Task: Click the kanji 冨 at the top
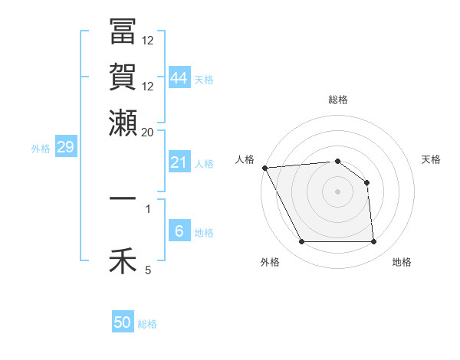(123, 32)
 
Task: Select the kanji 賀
(123, 77)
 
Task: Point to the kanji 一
(123, 198)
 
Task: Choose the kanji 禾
(123, 261)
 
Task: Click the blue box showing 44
(179, 77)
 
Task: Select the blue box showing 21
(179, 162)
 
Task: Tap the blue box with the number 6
(179, 232)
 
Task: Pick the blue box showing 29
(65, 148)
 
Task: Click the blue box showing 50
(123, 322)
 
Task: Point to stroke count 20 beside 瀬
(148, 131)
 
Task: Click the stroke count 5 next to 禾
(148, 269)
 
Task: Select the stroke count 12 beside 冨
(148, 40)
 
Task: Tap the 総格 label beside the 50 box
(148, 324)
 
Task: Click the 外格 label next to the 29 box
(41, 149)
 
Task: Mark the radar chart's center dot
(337, 191)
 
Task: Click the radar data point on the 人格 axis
(264, 168)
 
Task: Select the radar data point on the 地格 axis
(374, 242)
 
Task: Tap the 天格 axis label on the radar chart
(432, 159)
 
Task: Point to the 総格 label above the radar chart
(337, 100)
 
